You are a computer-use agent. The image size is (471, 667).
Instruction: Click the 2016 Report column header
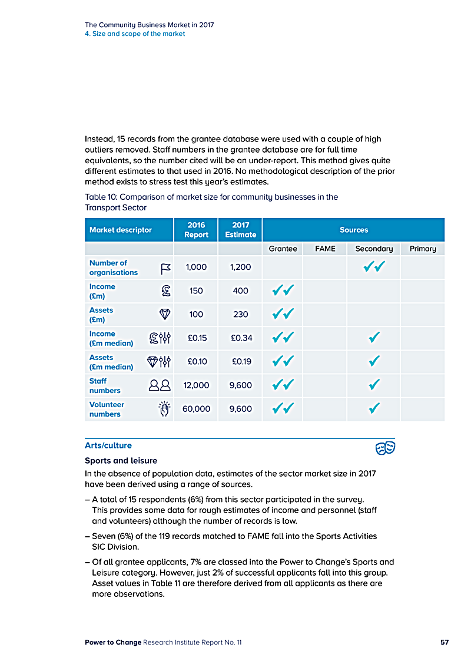(x=196, y=230)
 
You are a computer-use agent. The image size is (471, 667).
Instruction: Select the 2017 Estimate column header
(x=240, y=230)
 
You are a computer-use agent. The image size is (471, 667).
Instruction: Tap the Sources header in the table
(x=353, y=230)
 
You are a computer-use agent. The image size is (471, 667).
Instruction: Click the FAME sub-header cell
(x=325, y=249)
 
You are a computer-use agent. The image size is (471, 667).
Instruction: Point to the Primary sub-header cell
(x=422, y=249)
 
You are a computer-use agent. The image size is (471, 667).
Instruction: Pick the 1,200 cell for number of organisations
(x=240, y=268)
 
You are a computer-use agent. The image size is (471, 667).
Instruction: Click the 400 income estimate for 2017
(x=240, y=291)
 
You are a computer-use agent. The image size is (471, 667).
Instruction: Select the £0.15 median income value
(x=196, y=338)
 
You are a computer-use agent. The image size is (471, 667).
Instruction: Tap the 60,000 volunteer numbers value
(x=196, y=409)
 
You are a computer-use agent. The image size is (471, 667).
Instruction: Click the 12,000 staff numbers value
(x=196, y=385)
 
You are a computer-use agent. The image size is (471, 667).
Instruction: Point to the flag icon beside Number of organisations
(x=165, y=269)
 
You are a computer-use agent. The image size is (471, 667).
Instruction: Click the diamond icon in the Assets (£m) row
(x=165, y=315)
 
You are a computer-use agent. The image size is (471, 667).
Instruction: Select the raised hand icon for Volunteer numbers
(x=165, y=409)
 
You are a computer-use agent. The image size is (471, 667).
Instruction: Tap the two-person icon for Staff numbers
(x=160, y=385)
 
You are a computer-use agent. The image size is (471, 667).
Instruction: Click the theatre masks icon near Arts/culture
(x=385, y=448)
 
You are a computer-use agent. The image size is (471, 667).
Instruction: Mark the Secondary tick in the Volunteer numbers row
(x=373, y=408)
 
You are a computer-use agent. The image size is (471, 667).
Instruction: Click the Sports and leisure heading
(x=121, y=460)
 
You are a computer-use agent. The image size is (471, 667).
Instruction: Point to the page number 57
(x=445, y=642)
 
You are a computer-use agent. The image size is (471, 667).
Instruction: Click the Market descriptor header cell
(x=121, y=230)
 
